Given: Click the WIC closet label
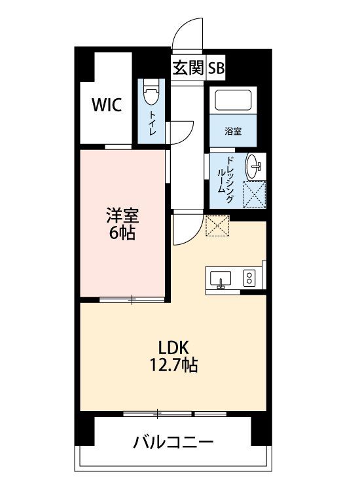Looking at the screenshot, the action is [x=107, y=105].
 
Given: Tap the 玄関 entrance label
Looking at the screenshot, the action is [x=189, y=67].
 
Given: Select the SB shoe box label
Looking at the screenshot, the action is [x=217, y=68].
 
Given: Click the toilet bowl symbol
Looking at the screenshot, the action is [x=151, y=92].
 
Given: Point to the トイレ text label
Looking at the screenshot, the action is [x=152, y=123].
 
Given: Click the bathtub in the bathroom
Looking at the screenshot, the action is [x=233, y=100].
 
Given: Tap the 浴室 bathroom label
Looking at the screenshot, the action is [x=233, y=132].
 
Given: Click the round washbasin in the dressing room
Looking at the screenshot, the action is [x=253, y=166].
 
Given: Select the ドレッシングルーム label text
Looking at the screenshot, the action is [x=225, y=179].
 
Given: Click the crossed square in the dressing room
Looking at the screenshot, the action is [x=255, y=194].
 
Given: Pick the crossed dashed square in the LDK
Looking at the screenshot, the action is [x=217, y=225].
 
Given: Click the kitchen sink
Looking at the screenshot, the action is [x=221, y=279].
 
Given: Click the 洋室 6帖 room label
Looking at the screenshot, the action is [x=122, y=224].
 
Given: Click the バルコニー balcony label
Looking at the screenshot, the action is [x=173, y=442].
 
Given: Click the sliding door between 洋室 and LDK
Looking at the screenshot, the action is [x=132, y=300].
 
